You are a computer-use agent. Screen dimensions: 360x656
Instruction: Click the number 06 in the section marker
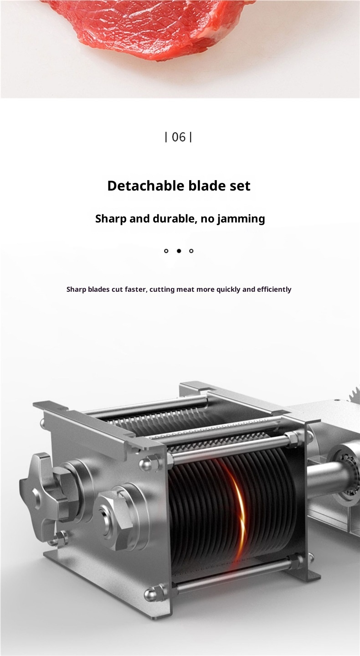click(x=179, y=137)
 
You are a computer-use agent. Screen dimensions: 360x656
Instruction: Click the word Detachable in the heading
click(x=145, y=186)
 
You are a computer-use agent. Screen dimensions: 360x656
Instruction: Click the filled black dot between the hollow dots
click(x=179, y=251)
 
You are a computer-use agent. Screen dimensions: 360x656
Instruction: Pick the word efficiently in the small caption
click(x=274, y=289)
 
